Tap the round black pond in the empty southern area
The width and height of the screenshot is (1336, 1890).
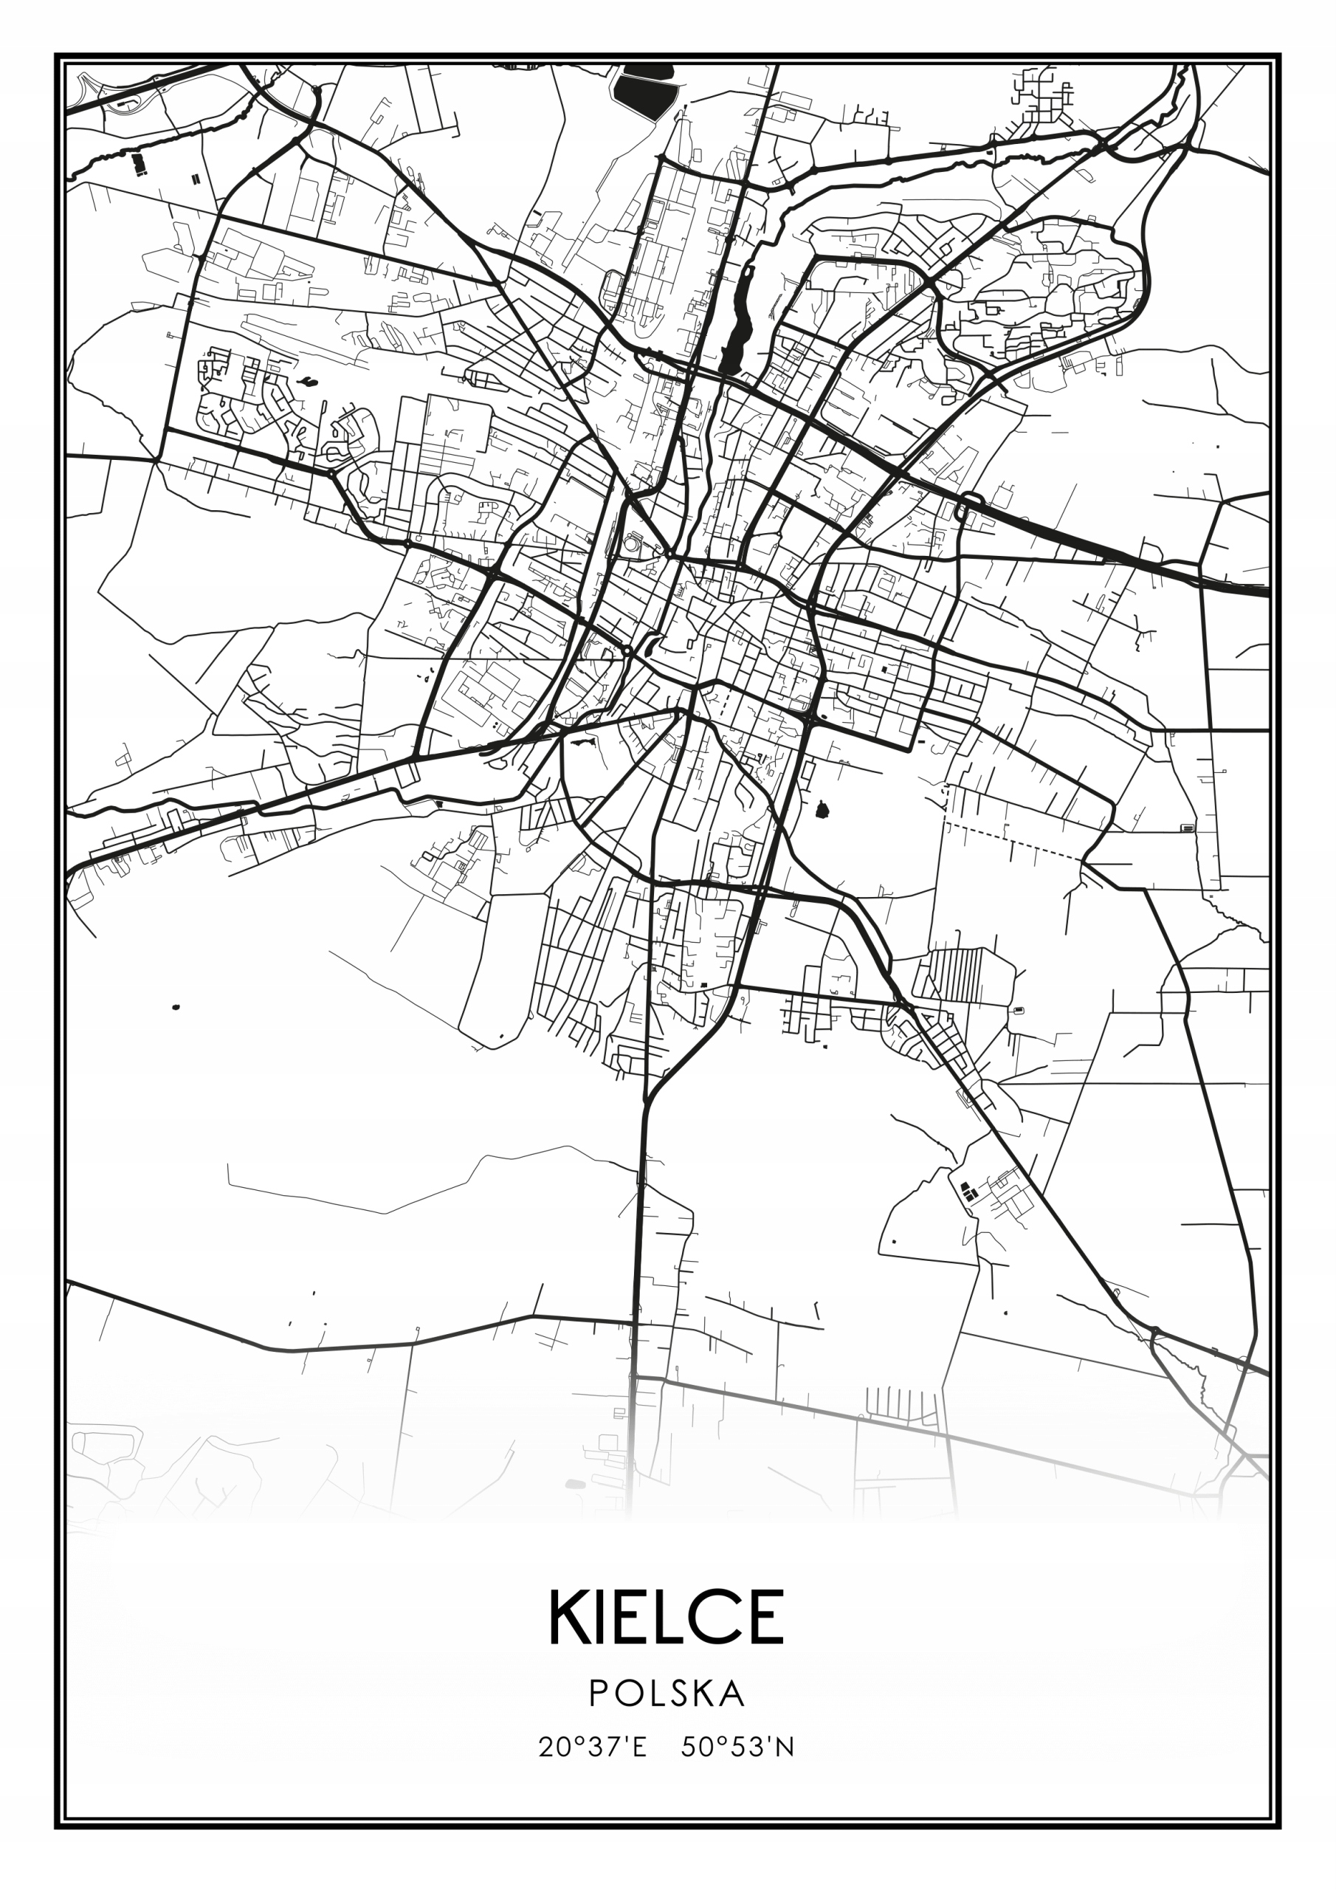pos(821,811)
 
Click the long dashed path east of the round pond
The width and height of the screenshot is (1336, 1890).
pos(1013,839)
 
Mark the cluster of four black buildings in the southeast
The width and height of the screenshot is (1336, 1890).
pos(968,1190)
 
